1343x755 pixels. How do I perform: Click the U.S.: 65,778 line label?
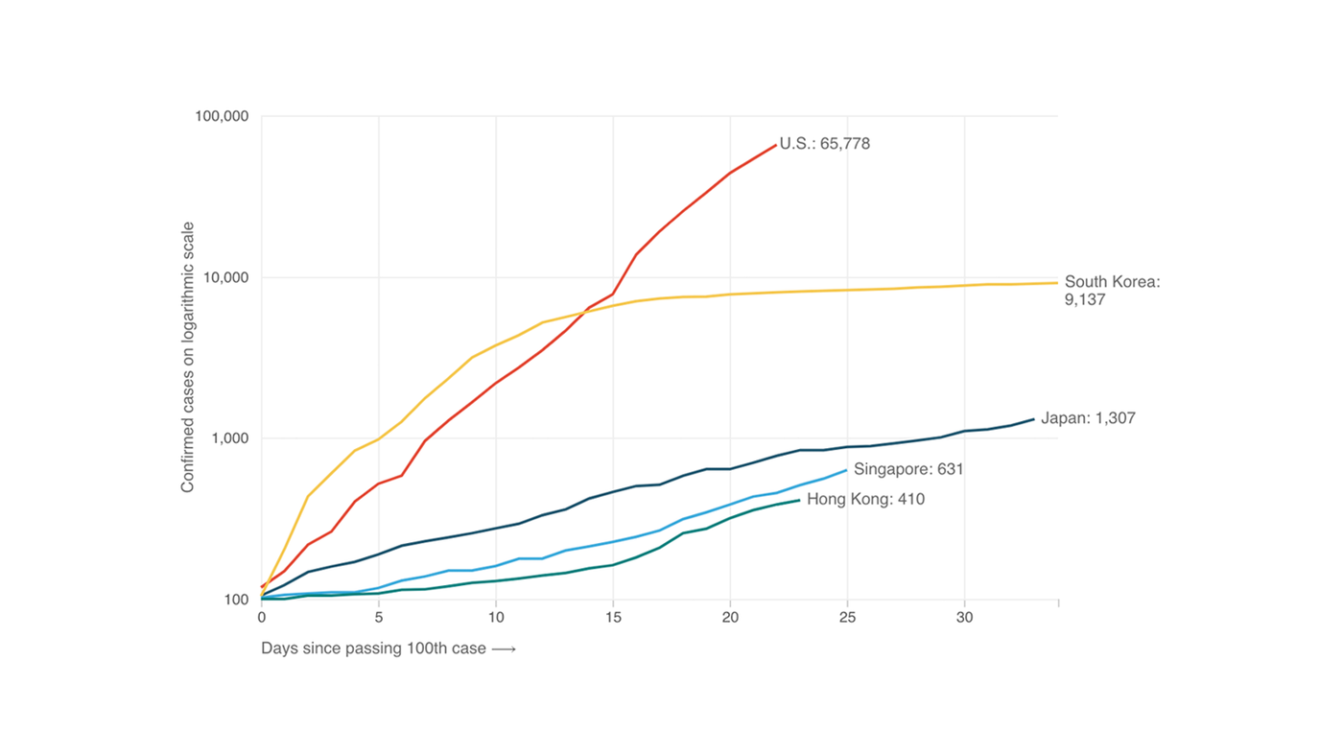coord(824,144)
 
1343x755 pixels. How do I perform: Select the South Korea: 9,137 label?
coord(1112,291)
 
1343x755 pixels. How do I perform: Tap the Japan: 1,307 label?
coord(1088,418)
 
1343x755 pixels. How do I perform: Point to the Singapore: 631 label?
coord(908,469)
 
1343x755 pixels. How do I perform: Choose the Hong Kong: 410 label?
coord(865,499)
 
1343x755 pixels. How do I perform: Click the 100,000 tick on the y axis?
coord(222,117)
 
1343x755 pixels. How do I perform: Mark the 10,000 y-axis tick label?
coord(226,278)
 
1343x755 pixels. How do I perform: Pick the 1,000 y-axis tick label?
coord(230,438)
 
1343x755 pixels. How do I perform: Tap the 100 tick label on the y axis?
coord(236,600)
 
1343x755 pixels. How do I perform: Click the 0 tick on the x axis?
coord(262,618)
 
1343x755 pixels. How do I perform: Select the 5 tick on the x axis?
coord(379,618)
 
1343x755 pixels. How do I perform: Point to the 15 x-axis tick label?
coord(613,618)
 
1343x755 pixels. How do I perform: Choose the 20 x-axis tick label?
coord(730,618)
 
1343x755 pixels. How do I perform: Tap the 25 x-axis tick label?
coord(847,618)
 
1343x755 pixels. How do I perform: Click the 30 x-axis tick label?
coord(964,618)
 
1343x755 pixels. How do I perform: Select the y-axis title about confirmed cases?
coord(188,358)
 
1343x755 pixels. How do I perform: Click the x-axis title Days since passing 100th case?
coord(375,649)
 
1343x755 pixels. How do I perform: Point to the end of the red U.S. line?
coord(775,145)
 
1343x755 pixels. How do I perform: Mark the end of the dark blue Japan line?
coord(1033,419)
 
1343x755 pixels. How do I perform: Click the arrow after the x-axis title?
coord(504,649)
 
